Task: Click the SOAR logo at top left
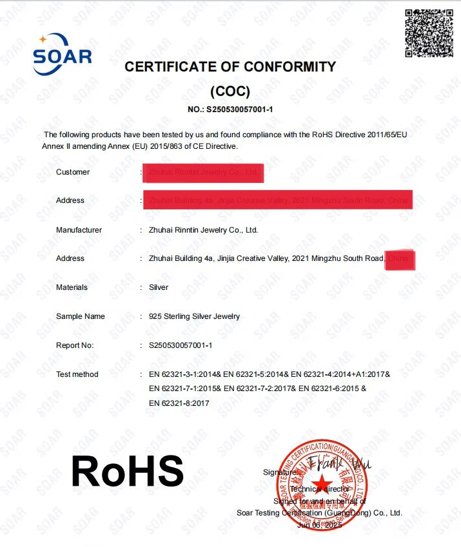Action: tap(62, 55)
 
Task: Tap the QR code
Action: tap(429, 33)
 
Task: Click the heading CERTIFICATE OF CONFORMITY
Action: tap(230, 66)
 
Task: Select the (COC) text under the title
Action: tap(230, 91)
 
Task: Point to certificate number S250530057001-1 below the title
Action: tap(230, 110)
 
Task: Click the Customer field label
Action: tap(73, 172)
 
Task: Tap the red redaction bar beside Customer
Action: tap(203, 173)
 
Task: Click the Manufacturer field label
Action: tap(79, 230)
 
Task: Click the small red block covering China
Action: tap(400, 260)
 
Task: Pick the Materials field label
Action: tap(72, 287)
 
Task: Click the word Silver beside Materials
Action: tap(159, 287)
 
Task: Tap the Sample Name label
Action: tap(80, 316)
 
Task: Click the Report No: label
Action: tap(75, 345)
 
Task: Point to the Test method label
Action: tap(77, 374)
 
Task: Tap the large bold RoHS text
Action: tap(128, 471)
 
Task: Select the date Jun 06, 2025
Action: tap(319, 525)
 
